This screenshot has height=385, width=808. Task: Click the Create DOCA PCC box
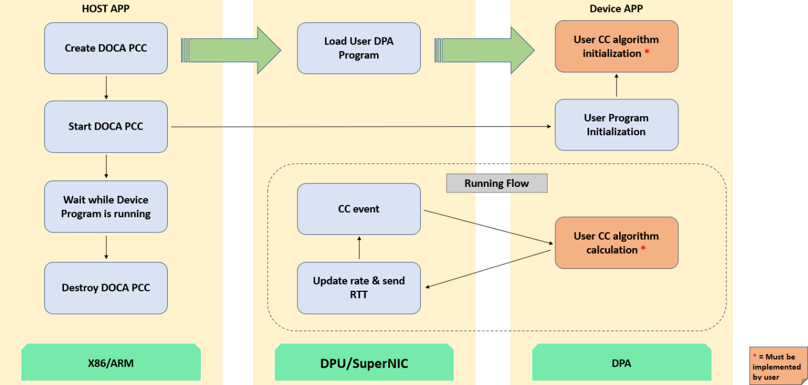106,48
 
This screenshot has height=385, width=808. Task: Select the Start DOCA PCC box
106,127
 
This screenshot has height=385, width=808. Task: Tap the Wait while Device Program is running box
106,207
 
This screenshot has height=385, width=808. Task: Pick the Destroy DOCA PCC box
106,288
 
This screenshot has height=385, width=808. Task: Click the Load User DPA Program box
359,48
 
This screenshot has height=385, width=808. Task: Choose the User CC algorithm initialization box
616,47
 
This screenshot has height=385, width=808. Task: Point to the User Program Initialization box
616,125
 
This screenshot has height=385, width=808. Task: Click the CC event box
359,209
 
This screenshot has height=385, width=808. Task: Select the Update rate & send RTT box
359,288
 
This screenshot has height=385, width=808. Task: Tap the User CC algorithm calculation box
616,243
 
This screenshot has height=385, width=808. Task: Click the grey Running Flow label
497,184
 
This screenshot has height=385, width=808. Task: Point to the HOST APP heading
105,8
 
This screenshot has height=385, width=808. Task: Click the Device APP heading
616,8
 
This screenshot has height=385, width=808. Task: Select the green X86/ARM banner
111,363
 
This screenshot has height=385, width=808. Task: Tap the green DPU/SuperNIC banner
364,363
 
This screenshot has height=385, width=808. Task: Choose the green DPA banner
621,363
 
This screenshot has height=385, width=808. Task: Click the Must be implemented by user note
778,365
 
